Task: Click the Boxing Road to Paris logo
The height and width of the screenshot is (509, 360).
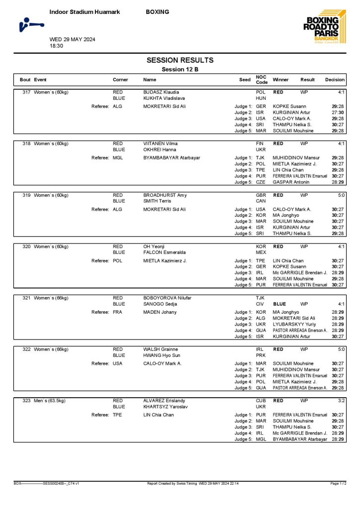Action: click(322, 27)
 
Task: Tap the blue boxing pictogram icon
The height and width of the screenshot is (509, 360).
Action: click(31, 24)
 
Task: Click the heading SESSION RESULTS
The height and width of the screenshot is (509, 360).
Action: click(180, 60)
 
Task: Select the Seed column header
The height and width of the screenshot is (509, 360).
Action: click(245, 80)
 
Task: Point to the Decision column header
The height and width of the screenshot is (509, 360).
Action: click(335, 80)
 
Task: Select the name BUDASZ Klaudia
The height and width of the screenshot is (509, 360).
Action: click(161, 92)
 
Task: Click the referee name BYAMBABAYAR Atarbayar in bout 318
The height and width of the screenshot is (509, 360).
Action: click(172, 158)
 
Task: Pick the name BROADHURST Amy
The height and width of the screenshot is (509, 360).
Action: click(165, 195)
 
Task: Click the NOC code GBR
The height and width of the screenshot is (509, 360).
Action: click(261, 195)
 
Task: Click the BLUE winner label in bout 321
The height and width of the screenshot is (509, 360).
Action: click(279, 304)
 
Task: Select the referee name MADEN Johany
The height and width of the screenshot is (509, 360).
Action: click(160, 312)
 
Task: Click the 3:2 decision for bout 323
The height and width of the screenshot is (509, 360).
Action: click(341, 401)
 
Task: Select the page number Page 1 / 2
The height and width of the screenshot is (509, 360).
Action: click(338, 483)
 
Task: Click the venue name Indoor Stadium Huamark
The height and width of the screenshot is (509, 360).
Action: click(85, 12)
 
